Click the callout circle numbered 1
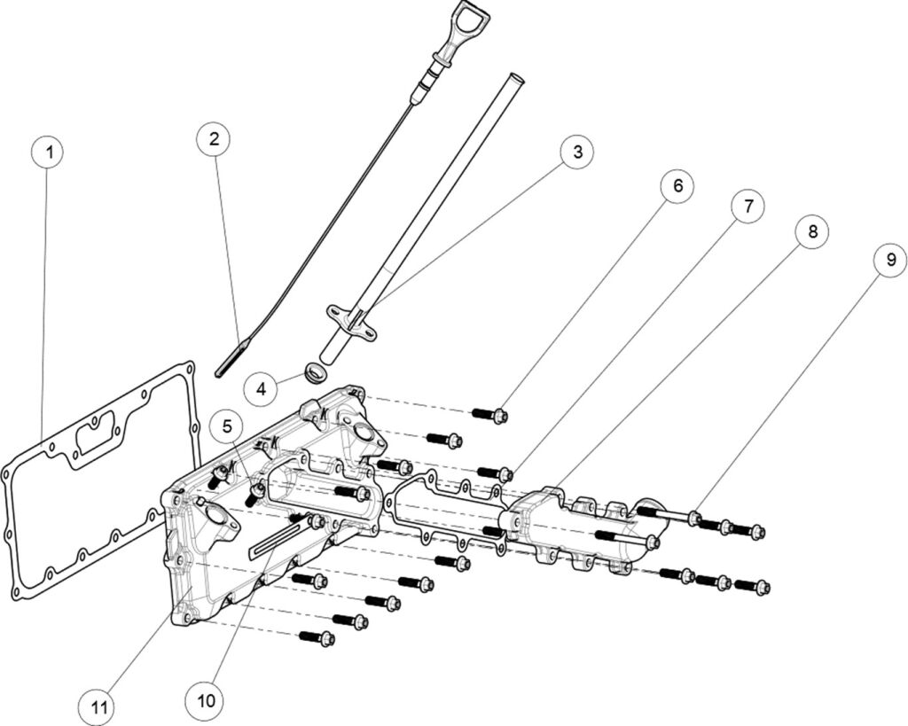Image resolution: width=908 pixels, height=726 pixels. (49, 152)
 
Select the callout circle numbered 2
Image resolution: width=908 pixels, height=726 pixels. (214, 139)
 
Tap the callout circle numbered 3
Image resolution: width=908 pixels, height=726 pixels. (577, 152)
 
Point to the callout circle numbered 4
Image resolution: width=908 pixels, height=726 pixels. (261, 388)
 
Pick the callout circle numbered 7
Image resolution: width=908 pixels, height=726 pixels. (748, 206)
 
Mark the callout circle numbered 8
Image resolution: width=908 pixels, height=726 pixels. (812, 232)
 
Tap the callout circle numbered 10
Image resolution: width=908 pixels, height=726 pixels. (206, 699)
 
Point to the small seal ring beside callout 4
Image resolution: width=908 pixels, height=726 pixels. (314, 372)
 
